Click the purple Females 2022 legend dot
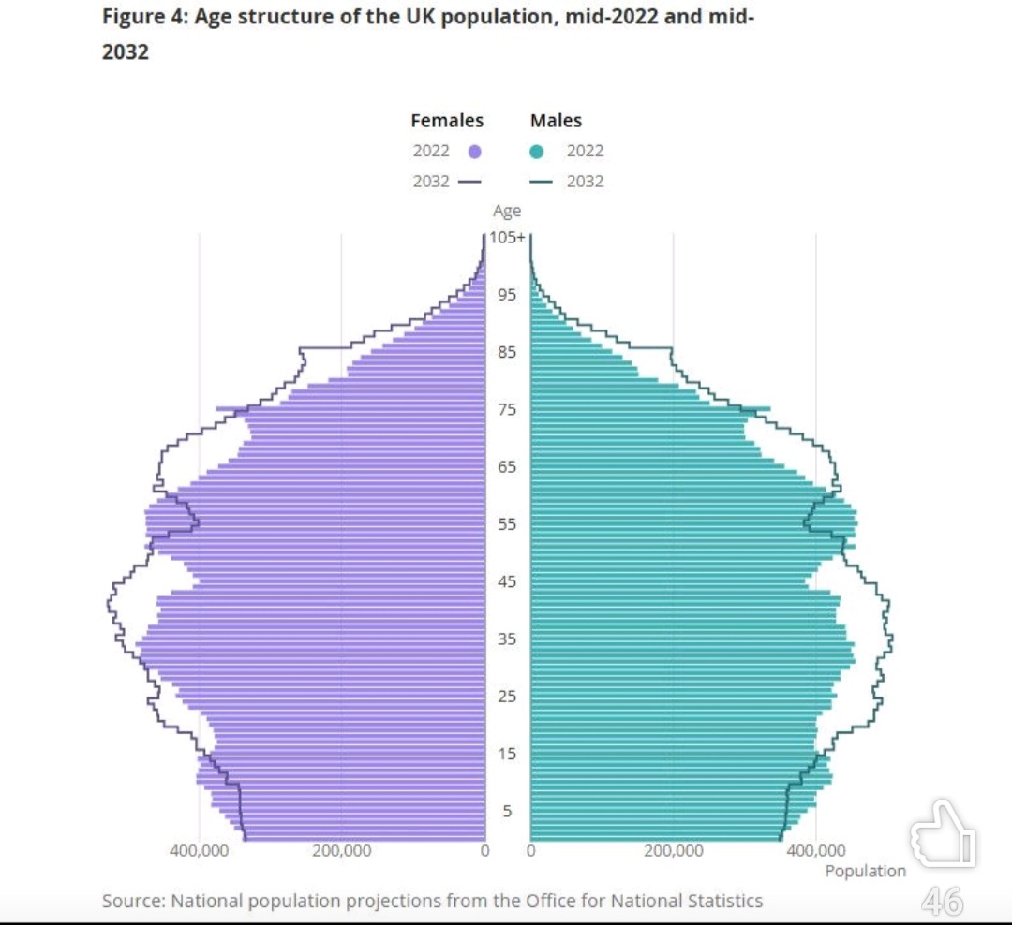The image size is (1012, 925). [474, 152]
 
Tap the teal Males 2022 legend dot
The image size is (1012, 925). [537, 152]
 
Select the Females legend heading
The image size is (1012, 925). [447, 121]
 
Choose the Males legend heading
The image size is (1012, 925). [556, 121]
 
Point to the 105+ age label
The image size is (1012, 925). [507, 238]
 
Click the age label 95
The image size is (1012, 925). [507, 295]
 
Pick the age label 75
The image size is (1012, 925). [507, 410]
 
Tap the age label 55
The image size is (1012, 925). [507, 524]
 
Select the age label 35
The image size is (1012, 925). [507, 639]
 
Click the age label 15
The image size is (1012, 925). [507, 754]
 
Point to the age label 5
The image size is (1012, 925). [507, 811]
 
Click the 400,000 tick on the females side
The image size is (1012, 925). [199, 851]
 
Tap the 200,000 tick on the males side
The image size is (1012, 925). [674, 851]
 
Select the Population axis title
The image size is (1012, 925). [865, 872]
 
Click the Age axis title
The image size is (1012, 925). [507, 212]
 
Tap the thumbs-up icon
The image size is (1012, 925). [942, 834]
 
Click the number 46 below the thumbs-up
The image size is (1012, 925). [942, 901]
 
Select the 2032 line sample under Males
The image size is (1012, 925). [546, 182]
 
